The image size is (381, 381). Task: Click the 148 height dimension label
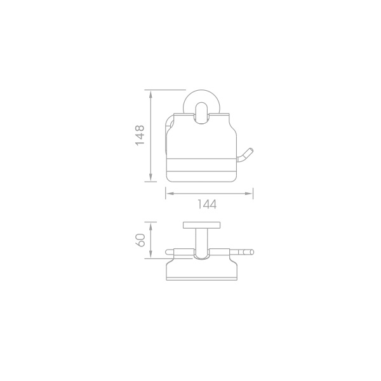coord(140,135)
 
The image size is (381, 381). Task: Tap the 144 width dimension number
coord(206,204)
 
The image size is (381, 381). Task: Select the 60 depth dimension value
coord(140,240)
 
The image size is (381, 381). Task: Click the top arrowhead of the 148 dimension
coord(151,94)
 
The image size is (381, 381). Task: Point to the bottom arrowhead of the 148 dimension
coord(151,177)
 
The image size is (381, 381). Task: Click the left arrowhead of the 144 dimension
coord(170,194)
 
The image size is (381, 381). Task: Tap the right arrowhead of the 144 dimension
coord(249,194)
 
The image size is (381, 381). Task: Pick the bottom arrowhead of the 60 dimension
coord(151,255)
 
